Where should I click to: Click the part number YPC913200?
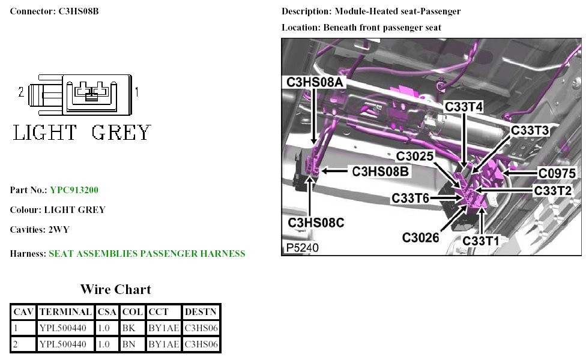tap(74, 190)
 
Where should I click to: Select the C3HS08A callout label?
tap(315, 82)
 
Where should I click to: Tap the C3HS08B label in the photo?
tap(381, 172)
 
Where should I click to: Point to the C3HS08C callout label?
tap(316, 223)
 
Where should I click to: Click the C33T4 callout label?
tap(464, 106)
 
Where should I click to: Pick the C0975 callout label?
tap(559, 173)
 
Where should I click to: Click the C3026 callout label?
tap(421, 237)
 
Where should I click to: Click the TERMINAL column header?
tap(65, 312)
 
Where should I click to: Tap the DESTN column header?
tap(201, 312)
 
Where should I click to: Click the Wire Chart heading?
tap(116, 289)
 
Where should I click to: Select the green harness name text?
tap(146, 254)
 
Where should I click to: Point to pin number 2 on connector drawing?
tap(21, 92)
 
